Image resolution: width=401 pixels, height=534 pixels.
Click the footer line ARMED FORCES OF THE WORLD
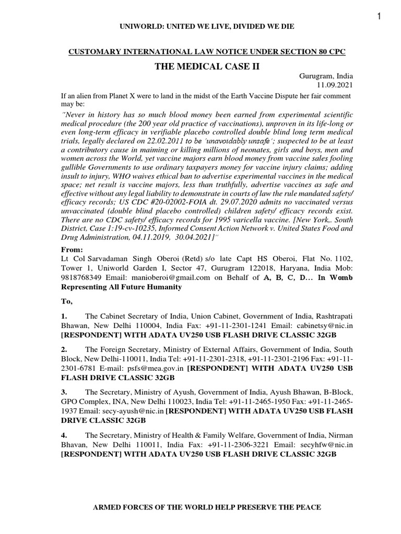coord(199,507)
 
